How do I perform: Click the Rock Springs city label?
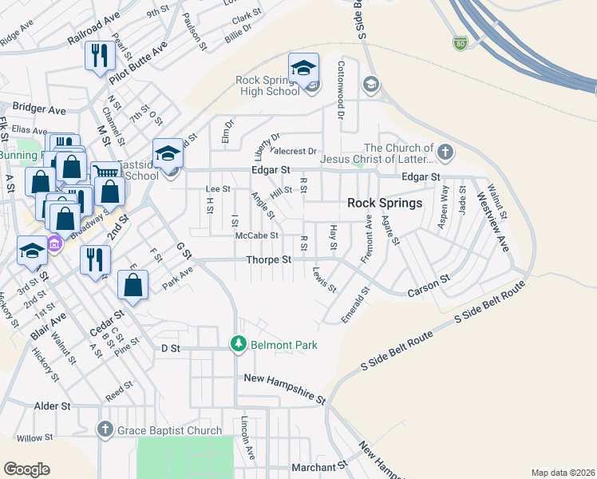385,203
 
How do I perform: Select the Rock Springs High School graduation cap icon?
303,69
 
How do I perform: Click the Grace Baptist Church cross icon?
104,430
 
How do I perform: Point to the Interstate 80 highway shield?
460,43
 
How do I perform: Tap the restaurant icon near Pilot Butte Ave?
100,56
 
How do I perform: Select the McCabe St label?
256,236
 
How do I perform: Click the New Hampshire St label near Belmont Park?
285,388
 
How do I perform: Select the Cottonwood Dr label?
341,89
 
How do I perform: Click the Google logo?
26,469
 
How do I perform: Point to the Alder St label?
53,406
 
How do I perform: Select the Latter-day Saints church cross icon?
445,151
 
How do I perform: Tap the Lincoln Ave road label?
248,437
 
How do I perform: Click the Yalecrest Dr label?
295,151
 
